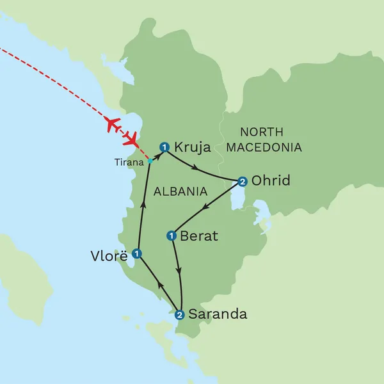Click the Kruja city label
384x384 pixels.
193,148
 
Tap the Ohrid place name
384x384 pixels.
271,181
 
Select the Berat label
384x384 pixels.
199,236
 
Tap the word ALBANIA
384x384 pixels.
180,191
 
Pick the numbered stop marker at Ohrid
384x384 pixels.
242,181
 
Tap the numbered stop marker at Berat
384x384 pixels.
171,236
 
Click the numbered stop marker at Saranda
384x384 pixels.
180,314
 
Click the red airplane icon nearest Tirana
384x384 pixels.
132,137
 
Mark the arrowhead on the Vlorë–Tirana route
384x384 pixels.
143,205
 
